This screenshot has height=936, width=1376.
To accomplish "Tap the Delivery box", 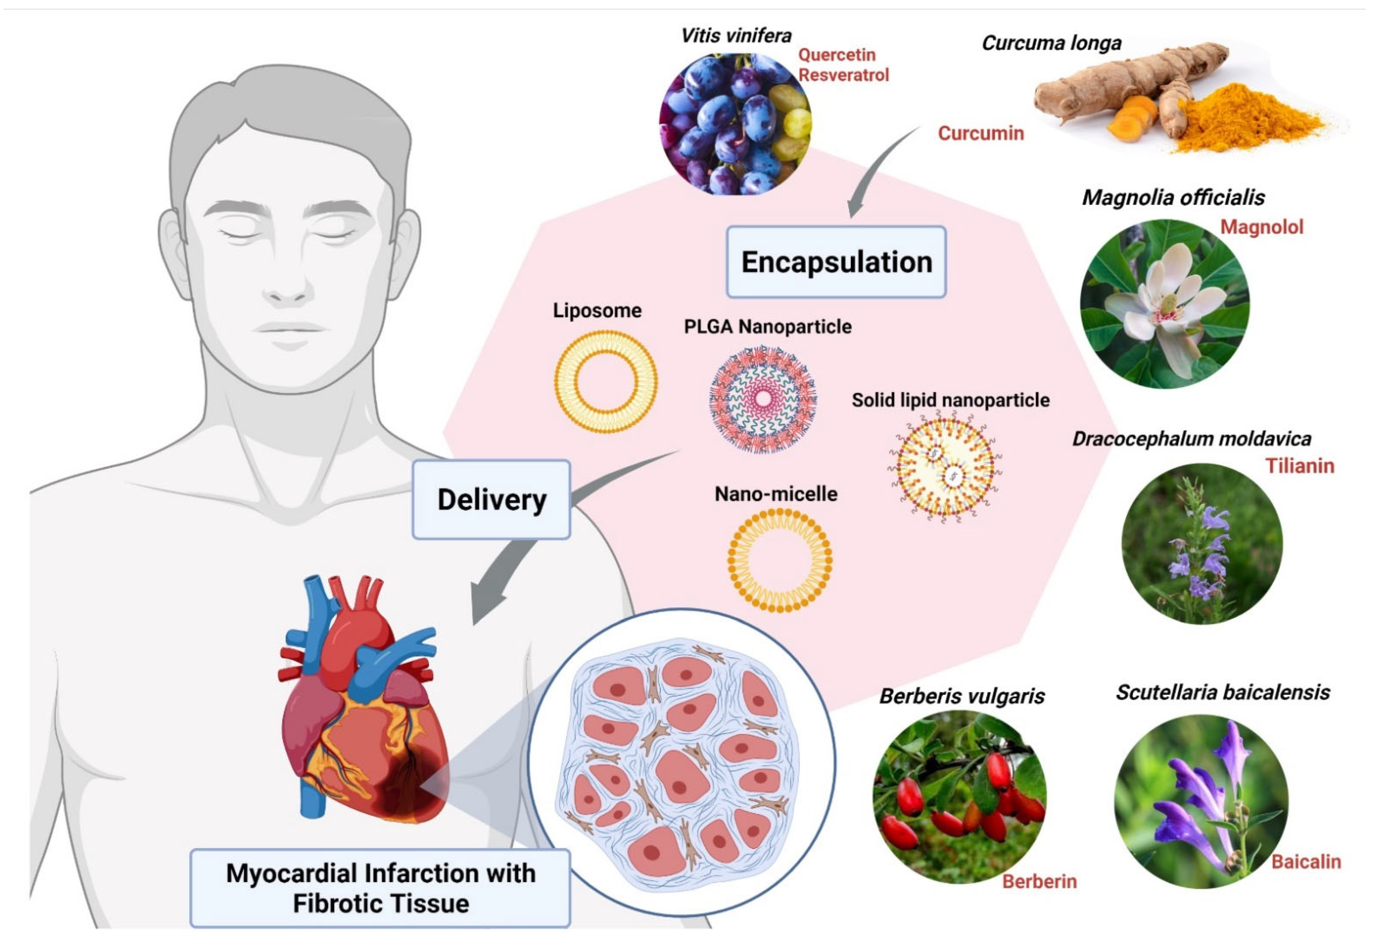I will [491, 499].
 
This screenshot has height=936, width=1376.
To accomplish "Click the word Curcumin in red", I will [981, 133].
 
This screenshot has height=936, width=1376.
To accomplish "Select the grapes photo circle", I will [735, 124].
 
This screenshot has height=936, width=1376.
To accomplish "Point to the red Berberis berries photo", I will [959, 796].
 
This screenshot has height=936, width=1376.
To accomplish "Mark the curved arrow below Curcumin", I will [876, 172].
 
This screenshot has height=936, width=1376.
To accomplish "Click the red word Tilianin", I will [1300, 466].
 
